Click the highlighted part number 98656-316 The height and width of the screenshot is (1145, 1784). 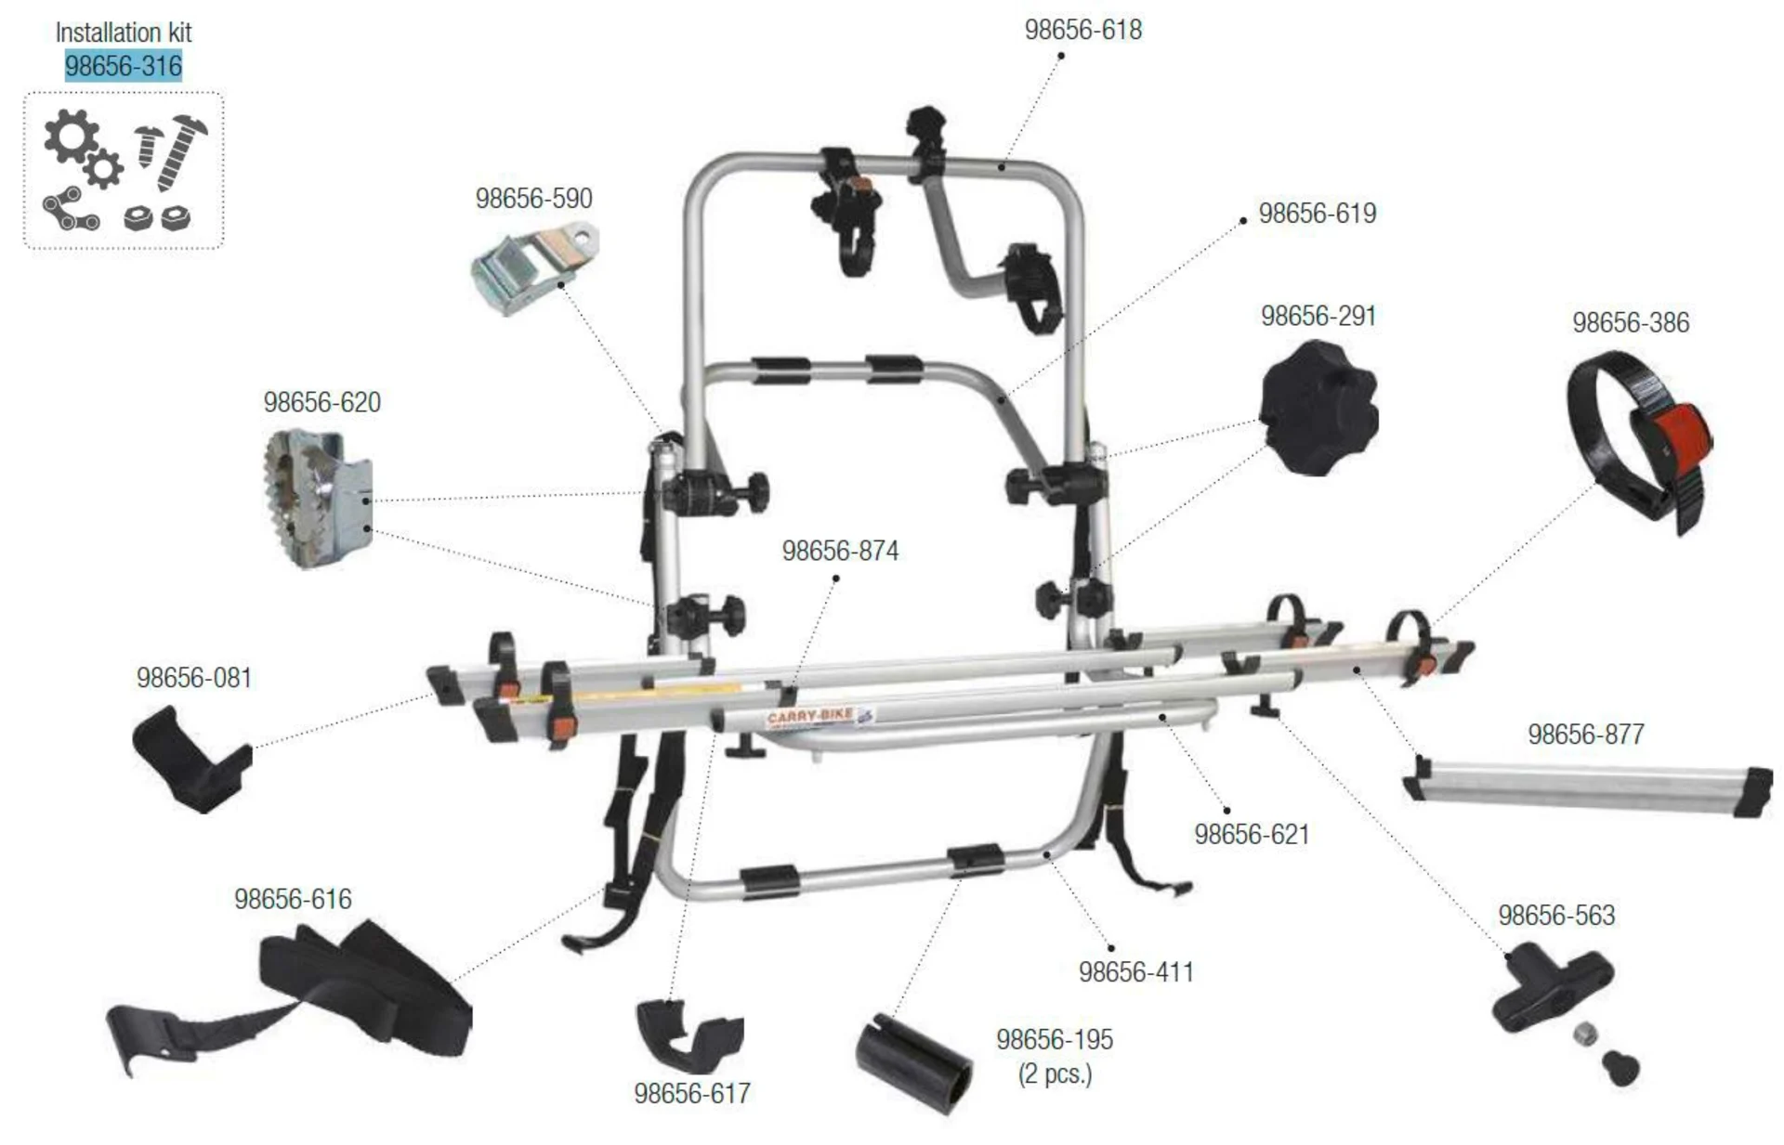point(124,66)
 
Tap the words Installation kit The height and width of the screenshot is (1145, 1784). point(124,33)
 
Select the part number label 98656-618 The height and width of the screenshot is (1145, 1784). point(1082,30)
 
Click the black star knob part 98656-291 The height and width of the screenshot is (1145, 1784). point(1318,409)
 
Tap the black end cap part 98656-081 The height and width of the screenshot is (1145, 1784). point(190,759)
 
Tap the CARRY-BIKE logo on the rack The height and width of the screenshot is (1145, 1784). point(810,717)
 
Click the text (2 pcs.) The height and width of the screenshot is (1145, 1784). point(1055,1074)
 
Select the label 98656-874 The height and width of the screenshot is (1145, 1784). point(840,551)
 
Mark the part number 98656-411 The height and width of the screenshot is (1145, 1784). point(1135,972)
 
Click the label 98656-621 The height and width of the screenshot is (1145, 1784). point(1252,835)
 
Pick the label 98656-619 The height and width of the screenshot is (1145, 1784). point(1317,214)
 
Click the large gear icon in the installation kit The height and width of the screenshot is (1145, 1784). point(70,136)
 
